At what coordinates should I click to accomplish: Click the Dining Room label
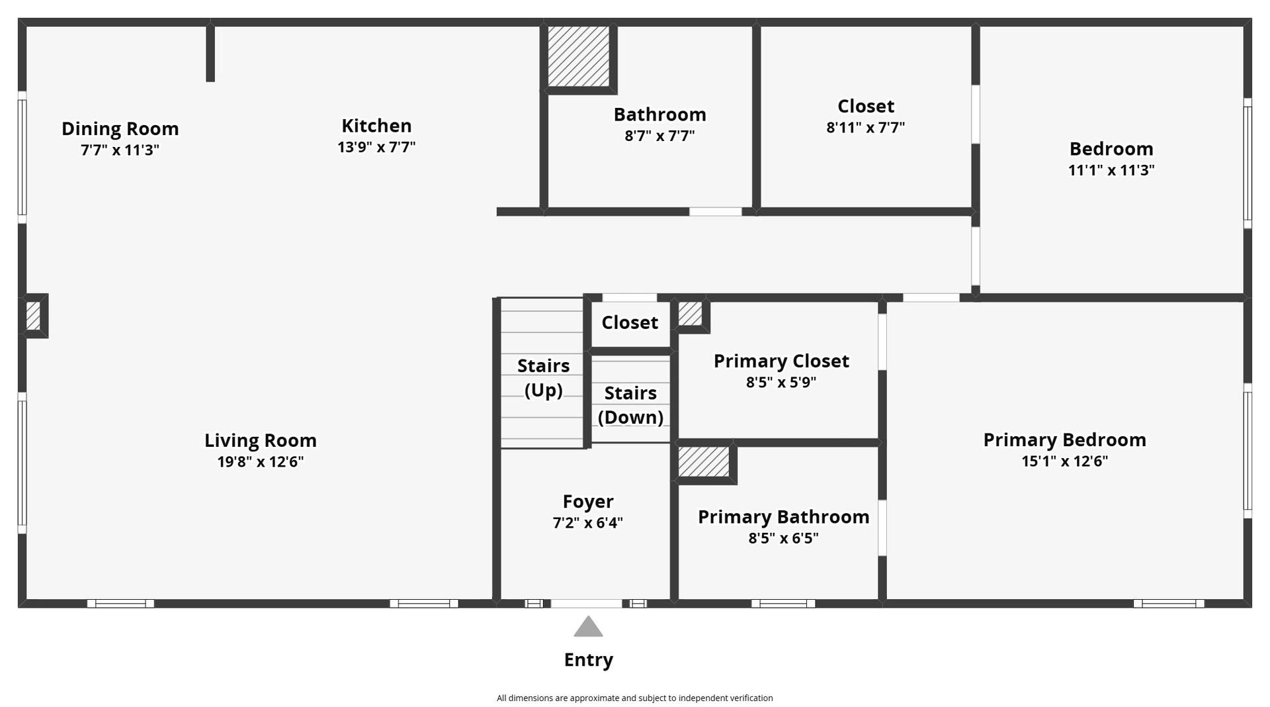tap(120, 128)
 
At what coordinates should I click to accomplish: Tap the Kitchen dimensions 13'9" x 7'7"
tap(376, 147)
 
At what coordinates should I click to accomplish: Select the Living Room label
tap(261, 440)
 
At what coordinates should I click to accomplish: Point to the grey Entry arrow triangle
tap(588, 627)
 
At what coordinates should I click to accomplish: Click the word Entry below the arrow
tap(589, 659)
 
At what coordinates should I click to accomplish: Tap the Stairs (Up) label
tap(543, 378)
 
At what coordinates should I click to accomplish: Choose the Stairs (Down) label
tap(630, 405)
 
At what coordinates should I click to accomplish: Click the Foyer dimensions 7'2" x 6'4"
tap(588, 523)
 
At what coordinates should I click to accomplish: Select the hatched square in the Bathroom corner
tap(579, 56)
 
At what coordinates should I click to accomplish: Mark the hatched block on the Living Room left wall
tap(33, 316)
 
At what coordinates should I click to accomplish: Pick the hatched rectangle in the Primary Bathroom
tap(704, 461)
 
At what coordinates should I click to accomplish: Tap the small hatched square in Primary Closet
tap(690, 314)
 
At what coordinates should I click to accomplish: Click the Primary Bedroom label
tap(1064, 440)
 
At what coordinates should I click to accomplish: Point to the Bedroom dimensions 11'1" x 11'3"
tap(1111, 170)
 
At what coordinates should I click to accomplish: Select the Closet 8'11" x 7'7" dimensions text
tap(865, 127)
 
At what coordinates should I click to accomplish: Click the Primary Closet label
tap(781, 361)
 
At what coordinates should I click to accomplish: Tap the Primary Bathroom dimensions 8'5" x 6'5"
tap(783, 538)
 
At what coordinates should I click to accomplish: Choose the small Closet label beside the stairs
tap(630, 322)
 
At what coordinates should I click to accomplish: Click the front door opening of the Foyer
tap(587, 603)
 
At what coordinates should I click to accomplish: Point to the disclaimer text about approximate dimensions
tap(635, 698)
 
